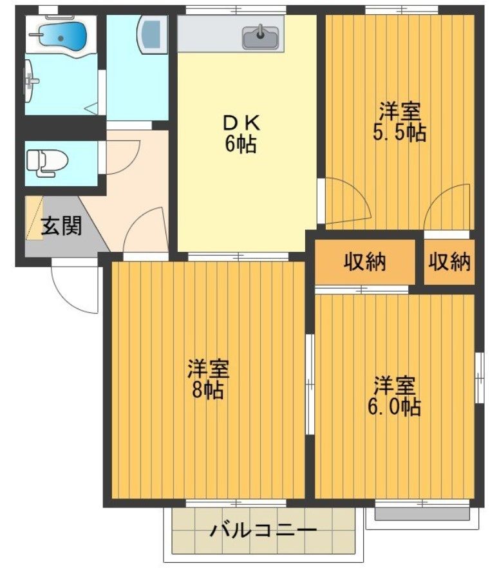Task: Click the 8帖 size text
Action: (207, 390)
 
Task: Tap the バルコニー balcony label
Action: (263, 531)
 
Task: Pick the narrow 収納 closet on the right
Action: (449, 262)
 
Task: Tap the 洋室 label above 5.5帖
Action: (399, 111)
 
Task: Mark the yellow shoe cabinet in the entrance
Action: (34, 218)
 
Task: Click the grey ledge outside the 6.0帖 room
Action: (422, 514)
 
